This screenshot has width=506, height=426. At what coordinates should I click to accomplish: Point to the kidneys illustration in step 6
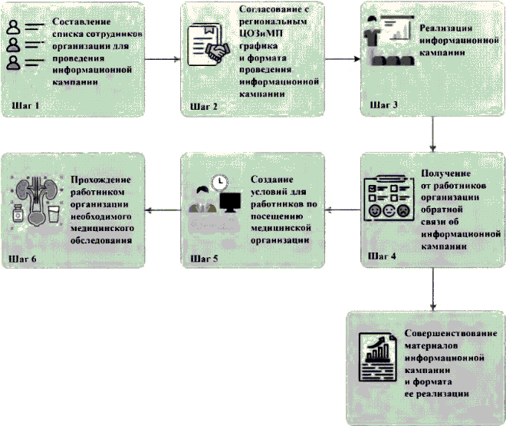point(34,199)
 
